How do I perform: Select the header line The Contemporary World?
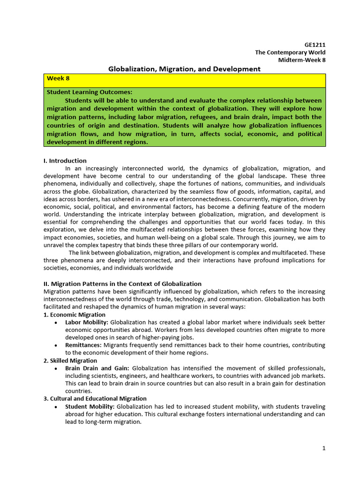point(290,52)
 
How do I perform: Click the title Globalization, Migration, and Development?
point(184,69)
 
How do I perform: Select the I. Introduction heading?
point(65,161)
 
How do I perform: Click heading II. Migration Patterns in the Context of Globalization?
point(122,284)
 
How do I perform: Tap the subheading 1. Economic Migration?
point(74,315)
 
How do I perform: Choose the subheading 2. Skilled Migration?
point(70,360)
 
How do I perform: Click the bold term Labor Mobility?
point(87,322)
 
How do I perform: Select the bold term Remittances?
point(83,345)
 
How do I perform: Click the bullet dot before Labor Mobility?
point(56,323)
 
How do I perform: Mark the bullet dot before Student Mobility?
point(56,407)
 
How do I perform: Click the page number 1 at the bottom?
point(323,448)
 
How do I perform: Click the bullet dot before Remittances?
point(56,345)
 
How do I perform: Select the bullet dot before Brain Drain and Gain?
point(56,369)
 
